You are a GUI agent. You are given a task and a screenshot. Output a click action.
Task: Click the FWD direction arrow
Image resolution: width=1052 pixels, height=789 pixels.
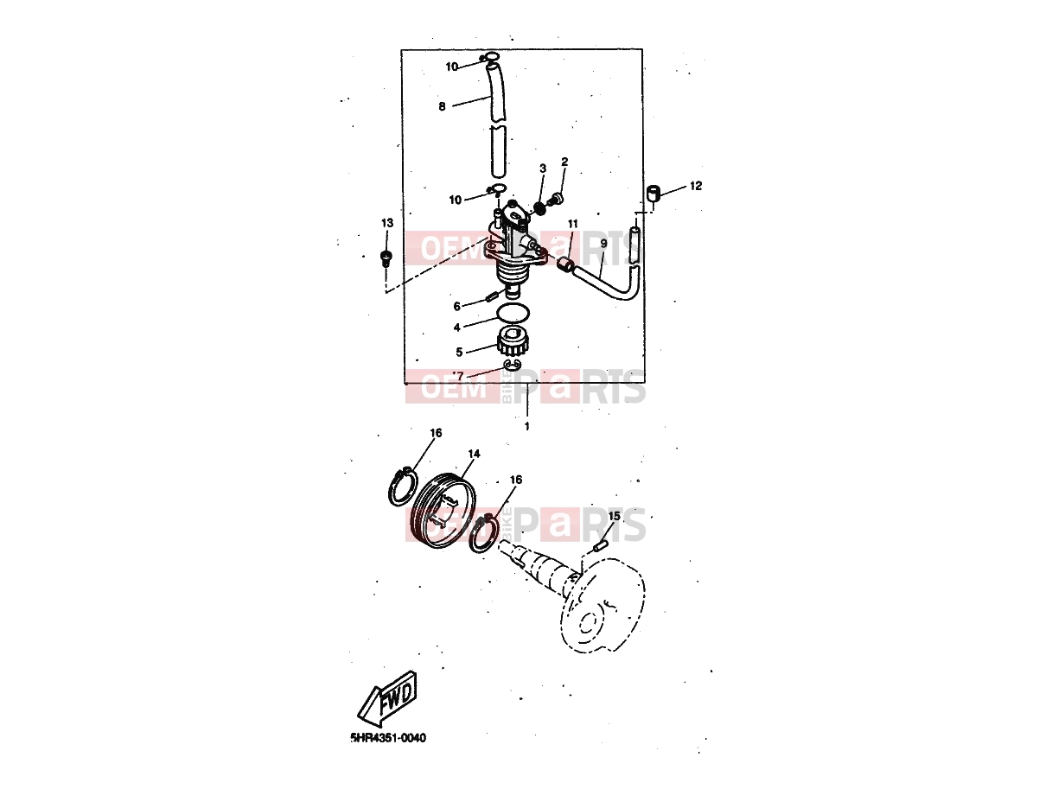(x=387, y=699)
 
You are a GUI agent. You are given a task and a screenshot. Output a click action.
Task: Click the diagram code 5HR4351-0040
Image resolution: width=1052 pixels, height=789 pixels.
(x=388, y=751)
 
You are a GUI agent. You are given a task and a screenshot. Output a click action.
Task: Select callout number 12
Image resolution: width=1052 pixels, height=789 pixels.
(x=695, y=186)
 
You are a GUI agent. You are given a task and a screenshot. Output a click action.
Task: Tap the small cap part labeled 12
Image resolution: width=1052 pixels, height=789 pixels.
(x=654, y=194)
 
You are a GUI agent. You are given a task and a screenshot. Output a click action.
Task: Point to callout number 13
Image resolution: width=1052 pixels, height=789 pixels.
(x=386, y=223)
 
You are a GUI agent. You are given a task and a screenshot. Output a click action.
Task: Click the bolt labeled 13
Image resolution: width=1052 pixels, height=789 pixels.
(x=386, y=258)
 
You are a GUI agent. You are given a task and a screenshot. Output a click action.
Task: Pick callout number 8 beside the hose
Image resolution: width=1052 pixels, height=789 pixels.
(x=442, y=106)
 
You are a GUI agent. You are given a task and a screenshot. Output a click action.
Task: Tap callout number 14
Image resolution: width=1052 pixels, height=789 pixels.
(x=474, y=453)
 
